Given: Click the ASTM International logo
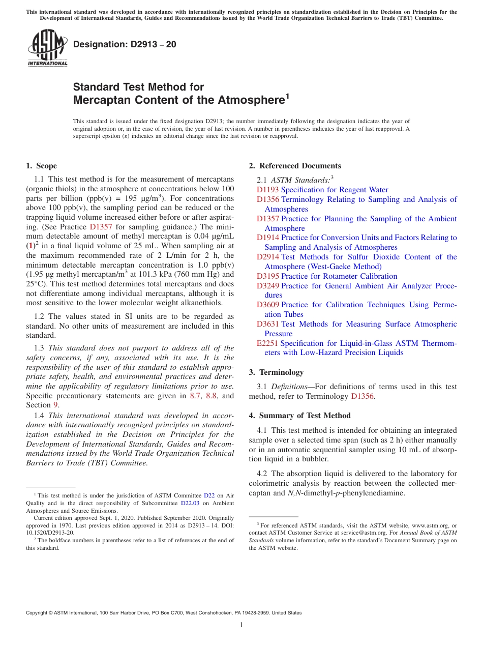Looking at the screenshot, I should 47,48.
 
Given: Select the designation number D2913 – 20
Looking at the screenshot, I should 125,44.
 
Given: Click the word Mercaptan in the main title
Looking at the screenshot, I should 101,100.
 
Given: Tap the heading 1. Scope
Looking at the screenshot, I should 41,166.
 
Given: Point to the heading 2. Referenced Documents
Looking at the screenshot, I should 295,166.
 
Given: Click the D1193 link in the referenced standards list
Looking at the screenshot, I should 267,190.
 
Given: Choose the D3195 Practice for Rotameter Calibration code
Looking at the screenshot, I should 267,276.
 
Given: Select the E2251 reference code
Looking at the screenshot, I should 267,343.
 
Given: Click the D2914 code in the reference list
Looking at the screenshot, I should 267,257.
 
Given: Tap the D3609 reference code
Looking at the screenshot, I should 267,305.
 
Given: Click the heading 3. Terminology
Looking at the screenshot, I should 276,372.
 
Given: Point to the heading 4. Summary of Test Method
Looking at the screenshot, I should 299,416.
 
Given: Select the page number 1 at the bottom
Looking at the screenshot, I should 242,625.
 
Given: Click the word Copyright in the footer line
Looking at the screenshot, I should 38,613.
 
